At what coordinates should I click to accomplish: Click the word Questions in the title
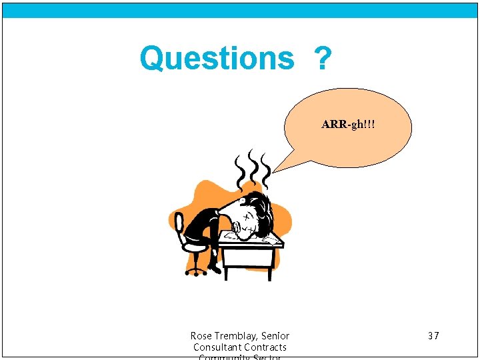(217, 59)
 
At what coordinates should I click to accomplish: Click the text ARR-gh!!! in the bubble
(348, 125)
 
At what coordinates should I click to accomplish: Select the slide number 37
(433, 335)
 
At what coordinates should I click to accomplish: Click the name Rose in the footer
(201, 335)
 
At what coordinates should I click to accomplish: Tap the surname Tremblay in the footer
(237, 335)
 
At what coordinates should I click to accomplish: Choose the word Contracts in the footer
(265, 347)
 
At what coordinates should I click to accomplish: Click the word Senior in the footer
(275, 335)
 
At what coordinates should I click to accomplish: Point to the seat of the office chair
(195, 246)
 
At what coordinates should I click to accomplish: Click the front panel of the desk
(247, 257)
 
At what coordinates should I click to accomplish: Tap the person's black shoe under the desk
(215, 268)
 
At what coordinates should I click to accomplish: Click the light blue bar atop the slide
(240, 10)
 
